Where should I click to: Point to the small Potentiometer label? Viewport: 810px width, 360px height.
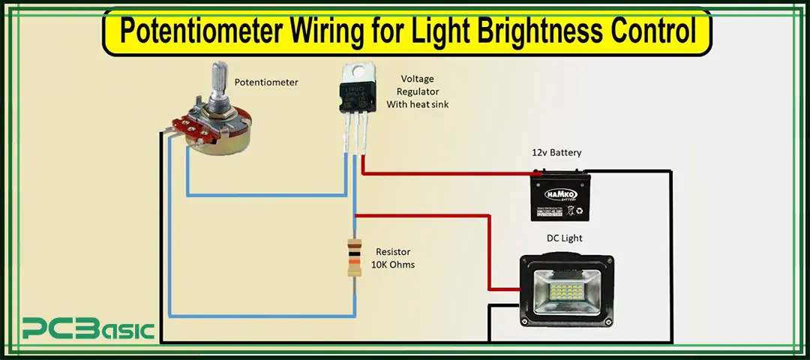pos(265,82)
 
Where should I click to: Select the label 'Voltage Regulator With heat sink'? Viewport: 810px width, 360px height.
pos(417,91)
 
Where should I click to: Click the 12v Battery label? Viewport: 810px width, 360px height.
pos(556,152)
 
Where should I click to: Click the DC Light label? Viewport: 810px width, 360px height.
pos(564,238)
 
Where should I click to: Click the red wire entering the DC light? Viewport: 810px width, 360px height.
pos(502,289)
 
